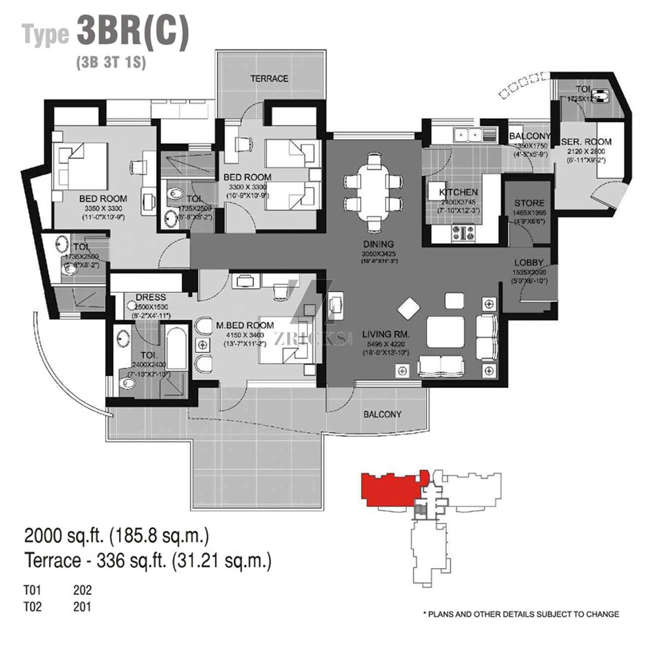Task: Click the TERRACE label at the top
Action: (269, 78)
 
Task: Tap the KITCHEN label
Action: (458, 193)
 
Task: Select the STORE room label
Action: (529, 203)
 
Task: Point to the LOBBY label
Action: (529, 263)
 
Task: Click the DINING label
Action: (378, 244)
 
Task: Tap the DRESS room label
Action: (151, 298)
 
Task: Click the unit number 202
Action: (82, 591)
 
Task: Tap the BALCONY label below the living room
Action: (382, 414)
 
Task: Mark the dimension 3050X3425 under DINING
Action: (378, 254)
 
